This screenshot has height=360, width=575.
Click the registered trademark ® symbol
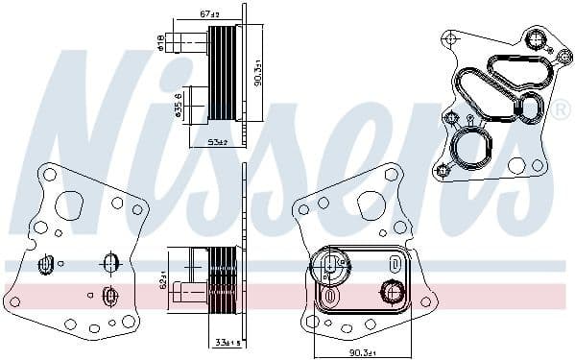(560, 112)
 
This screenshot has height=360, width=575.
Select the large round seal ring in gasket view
(471, 150)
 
